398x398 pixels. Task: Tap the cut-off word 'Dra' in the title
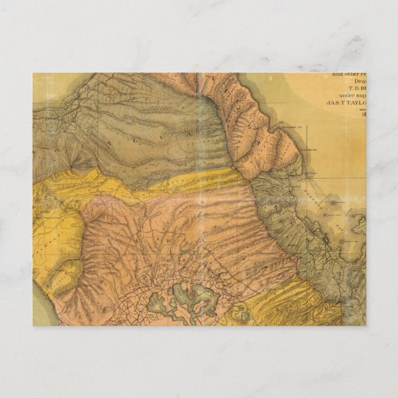click(359, 82)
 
